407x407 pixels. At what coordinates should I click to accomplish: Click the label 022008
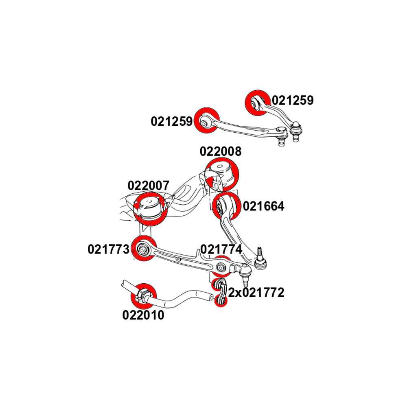pos(220,151)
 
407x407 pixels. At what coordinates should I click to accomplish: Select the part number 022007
pos(148,186)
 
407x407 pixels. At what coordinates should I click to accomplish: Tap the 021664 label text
pos(263,206)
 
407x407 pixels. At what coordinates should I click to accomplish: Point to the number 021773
pos(108,249)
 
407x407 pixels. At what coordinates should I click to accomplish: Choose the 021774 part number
pos(221,249)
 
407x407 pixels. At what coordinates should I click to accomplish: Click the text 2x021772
pos(256,293)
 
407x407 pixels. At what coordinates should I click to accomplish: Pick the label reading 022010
pos(143,315)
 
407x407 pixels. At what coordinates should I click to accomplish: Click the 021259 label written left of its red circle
pos(172,121)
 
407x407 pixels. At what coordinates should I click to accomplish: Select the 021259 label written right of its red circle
pos(293,101)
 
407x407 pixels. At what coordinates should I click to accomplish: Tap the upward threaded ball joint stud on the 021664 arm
pos(259,253)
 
